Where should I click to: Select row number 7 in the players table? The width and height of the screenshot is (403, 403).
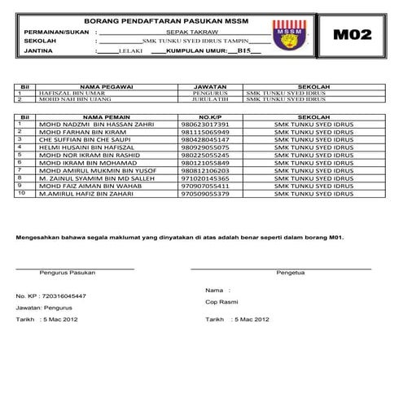pyautogui.click(x=20, y=170)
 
